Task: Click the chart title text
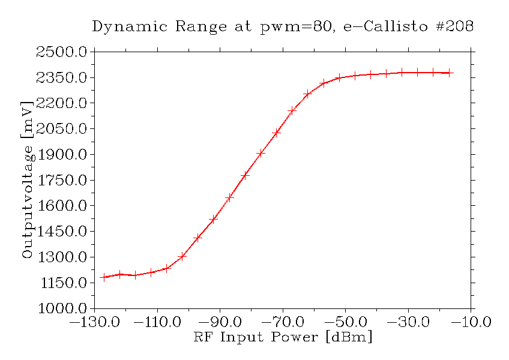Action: click(283, 27)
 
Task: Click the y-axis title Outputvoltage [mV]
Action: click(27, 179)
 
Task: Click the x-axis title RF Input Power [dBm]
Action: click(283, 337)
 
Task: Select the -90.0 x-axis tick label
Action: click(220, 323)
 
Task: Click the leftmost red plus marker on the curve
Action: click(104, 277)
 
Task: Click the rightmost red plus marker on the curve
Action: click(449, 73)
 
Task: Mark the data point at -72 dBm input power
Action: click(276, 133)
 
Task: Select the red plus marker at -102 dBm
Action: click(182, 256)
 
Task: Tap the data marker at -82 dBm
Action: click(245, 176)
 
